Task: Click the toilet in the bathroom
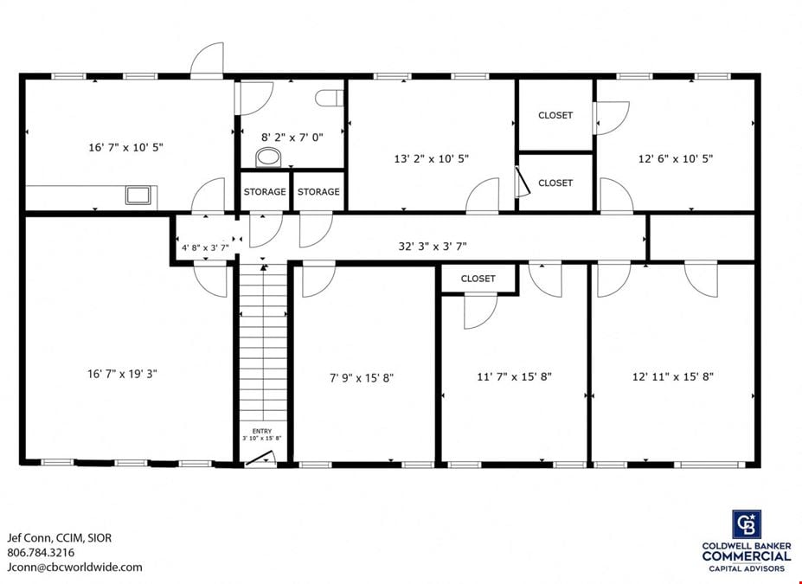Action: pos(329,98)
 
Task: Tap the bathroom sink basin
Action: pos(268,157)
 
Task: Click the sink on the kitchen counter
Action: pos(138,196)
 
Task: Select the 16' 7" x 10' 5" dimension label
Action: pos(125,147)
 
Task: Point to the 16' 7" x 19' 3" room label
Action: pos(122,374)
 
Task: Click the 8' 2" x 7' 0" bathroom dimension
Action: pos(292,137)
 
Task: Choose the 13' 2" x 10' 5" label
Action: pos(431,158)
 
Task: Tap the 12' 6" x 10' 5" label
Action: pos(675,158)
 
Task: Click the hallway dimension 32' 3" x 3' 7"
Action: pos(433,246)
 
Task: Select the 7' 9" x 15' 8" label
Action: pos(362,378)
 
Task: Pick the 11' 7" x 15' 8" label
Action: pos(515,377)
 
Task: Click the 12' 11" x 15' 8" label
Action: pos(672,377)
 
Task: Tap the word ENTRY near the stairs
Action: pos(262,431)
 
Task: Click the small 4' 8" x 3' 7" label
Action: pos(205,248)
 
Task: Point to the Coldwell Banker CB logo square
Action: pos(747,524)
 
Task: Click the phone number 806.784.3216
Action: pos(41,552)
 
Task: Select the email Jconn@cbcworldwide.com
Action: pos(74,567)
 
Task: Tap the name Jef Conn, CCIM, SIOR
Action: pos(59,538)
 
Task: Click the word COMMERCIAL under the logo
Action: pos(747,556)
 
